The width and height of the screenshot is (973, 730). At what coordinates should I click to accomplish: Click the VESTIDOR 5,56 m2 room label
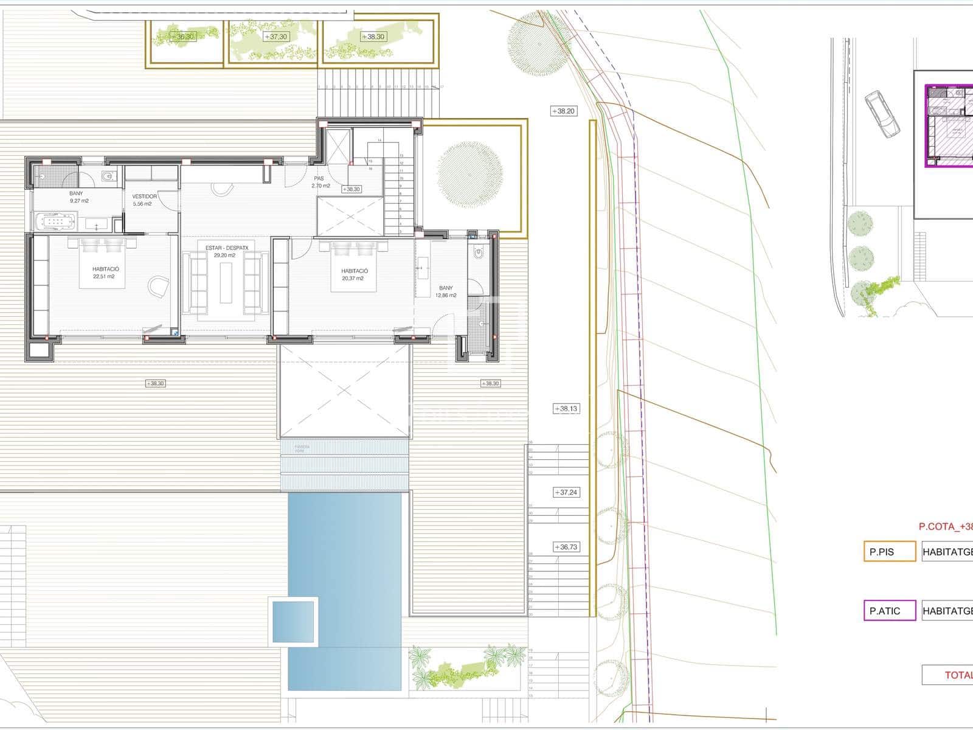(x=145, y=200)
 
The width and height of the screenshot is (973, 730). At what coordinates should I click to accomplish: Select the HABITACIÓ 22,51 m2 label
(x=106, y=273)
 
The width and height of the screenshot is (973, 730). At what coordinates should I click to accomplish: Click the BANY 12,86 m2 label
(x=446, y=292)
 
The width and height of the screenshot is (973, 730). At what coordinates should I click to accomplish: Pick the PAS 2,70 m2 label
(x=320, y=182)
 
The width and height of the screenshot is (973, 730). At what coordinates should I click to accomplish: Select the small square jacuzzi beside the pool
(x=293, y=620)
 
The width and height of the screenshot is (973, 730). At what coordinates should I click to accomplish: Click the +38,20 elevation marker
(x=563, y=111)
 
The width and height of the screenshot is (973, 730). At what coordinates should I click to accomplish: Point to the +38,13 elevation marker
(x=566, y=409)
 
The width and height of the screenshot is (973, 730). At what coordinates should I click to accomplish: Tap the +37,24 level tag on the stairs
(x=566, y=493)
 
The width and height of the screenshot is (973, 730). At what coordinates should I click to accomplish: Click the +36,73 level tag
(x=566, y=547)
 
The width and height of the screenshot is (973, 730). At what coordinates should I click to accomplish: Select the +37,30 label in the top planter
(x=276, y=37)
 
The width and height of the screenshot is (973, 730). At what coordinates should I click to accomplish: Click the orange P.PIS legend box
(x=889, y=552)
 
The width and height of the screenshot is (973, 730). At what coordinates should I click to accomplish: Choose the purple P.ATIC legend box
(x=889, y=611)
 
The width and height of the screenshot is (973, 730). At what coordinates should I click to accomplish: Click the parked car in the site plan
(x=882, y=114)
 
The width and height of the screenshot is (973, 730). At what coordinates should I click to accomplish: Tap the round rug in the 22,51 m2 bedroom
(x=159, y=288)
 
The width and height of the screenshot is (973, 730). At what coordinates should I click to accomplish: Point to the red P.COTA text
(x=945, y=527)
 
